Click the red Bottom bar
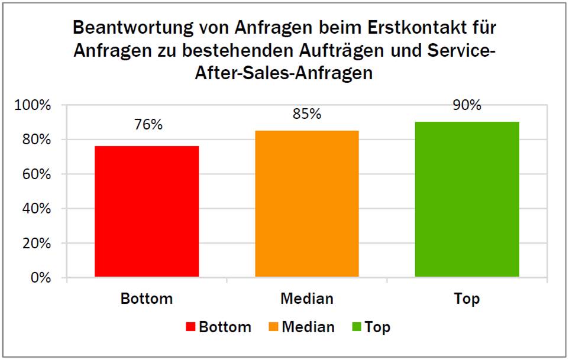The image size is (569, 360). tap(147, 211)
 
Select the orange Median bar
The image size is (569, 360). tap(306, 203)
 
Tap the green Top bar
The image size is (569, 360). tap(467, 199)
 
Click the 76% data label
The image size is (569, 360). tap(147, 125)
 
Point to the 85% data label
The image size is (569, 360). tap(306, 113)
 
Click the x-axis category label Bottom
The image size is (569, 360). tap(147, 299)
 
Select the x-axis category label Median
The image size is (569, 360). tap(306, 299)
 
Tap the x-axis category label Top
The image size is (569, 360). tap(467, 299)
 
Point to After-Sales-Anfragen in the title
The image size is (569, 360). tap(284, 73)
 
